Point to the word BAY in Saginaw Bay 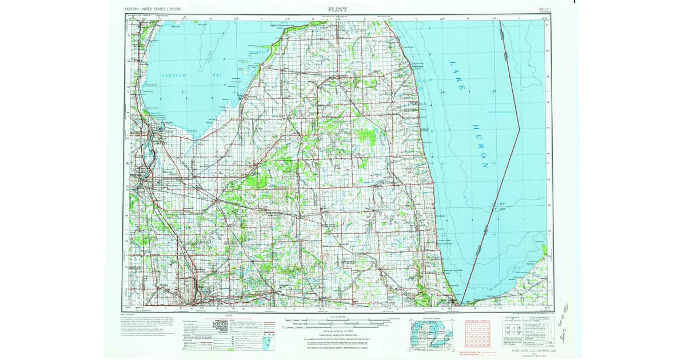click(x=202, y=75)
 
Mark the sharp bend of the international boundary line click(x=519, y=130)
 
